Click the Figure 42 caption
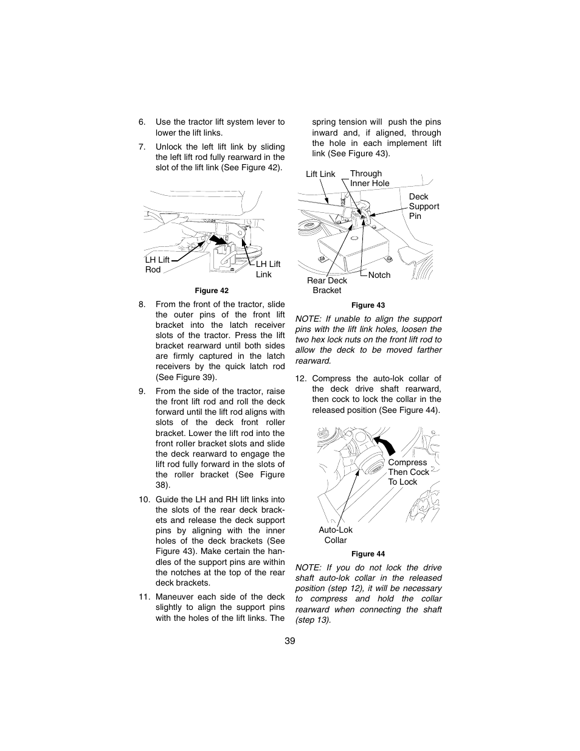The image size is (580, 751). pos(211,291)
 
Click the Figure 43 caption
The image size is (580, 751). pos(368,305)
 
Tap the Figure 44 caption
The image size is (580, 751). pos(368,554)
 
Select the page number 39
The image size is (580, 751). pos(289,641)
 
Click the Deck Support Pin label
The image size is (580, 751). pos(423,206)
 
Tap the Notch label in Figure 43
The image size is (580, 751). pos(379,275)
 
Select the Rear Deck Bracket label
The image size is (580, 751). pos(327,285)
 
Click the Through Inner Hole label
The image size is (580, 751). pos(369,178)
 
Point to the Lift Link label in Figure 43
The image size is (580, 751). pos(320,174)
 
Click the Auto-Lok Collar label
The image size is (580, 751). pos(336,535)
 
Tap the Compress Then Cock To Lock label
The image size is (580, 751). pos(408,472)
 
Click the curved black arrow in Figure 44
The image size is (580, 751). pos(385,445)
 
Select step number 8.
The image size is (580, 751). pos(142,304)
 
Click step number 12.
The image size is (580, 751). pos(300,378)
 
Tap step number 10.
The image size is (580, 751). pos(143,499)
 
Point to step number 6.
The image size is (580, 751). pos(142,122)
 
